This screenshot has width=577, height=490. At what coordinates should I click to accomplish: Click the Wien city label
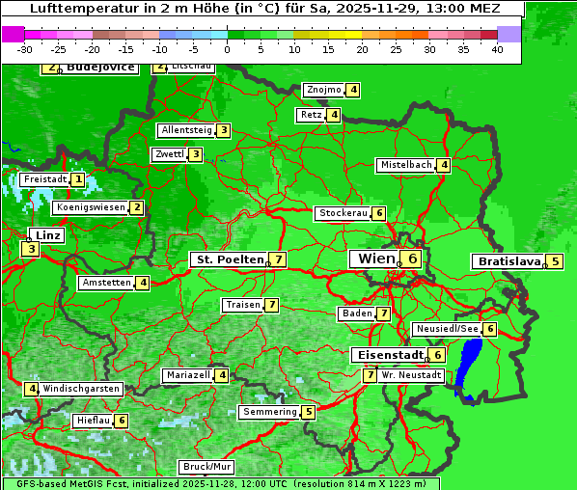click(x=376, y=259)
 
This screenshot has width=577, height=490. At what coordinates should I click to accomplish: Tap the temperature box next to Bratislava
click(x=556, y=261)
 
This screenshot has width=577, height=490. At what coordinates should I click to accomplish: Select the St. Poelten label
click(x=229, y=259)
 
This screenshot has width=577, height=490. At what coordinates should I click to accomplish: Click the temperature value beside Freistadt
click(x=77, y=179)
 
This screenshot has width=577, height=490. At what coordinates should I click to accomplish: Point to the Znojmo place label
click(x=323, y=91)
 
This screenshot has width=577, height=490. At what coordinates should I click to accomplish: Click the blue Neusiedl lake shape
click(x=470, y=367)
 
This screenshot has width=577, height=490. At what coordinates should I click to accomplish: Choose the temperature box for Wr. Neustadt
click(x=370, y=374)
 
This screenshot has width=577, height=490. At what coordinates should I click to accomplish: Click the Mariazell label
click(x=188, y=375)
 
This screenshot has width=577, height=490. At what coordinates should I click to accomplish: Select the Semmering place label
click(x=270, y=412)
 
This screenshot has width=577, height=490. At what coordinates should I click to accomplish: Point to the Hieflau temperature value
click(x=122, y=421)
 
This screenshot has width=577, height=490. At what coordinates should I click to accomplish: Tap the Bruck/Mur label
click(x=207, y=467)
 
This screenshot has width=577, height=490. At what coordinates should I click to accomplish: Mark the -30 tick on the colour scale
click(x=25, y=48)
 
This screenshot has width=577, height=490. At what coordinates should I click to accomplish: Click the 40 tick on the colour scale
click(x=497, y=48)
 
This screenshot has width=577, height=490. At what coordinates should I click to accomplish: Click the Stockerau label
click(x=343, y=213)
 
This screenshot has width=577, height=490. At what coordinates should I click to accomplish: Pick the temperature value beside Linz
click(x=31, y=249)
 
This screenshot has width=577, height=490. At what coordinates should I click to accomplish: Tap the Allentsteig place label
click(x=186, y=130)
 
